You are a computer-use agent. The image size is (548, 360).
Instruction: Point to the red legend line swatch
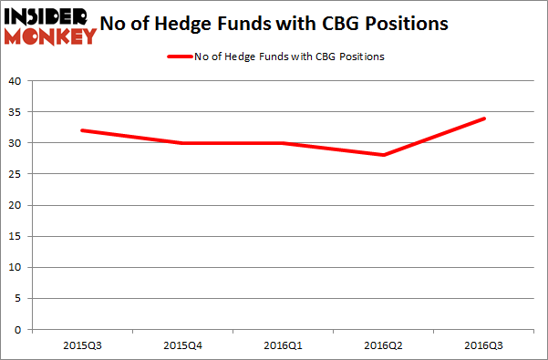point(179,57)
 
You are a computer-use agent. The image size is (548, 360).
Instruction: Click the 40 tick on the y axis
point(16,80)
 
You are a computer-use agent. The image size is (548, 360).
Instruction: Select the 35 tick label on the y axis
point(16,112)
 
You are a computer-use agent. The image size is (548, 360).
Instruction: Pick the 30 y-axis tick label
point(16,143)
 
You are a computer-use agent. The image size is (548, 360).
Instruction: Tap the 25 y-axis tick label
point(16,174)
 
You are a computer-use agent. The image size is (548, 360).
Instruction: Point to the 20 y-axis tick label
point(16,205)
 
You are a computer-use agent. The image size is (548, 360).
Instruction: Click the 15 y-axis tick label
point(16,237)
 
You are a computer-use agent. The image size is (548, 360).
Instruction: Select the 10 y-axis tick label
point(16,268)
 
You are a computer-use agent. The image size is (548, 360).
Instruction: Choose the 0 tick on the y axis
point(19,330)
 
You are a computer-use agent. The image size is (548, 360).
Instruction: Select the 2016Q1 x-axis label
point(283,345)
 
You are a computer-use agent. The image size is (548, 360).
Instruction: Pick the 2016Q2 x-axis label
point(384,345)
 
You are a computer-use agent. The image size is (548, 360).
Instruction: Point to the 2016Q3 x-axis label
point(484,345)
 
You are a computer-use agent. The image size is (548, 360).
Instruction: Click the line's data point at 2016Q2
point(384,155)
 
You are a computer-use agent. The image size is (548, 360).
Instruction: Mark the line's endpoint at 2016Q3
point(484,118)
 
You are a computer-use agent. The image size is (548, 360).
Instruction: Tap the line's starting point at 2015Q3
point(81,130)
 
